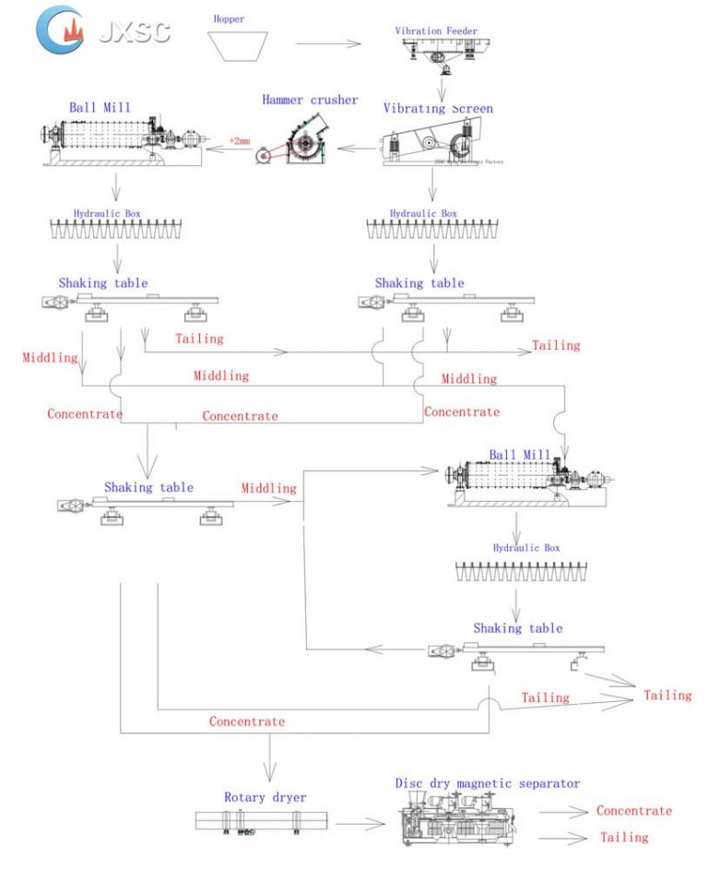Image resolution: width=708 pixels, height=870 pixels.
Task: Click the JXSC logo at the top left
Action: point(101,30)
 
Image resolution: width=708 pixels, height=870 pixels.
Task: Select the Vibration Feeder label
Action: point(438,30)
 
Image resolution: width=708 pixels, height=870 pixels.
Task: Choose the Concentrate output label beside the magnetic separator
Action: point(633,811)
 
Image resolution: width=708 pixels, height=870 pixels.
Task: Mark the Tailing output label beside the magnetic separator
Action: point(624,838)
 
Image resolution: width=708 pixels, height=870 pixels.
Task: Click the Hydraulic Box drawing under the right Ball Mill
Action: point(520,571)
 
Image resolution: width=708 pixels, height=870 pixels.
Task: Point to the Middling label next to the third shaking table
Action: point(268,487)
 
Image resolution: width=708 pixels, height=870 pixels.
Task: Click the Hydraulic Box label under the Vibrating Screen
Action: point(423,213)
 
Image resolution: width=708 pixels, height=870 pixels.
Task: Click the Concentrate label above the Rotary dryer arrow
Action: point(246,721)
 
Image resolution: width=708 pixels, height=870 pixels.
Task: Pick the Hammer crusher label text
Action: point(309,100)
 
